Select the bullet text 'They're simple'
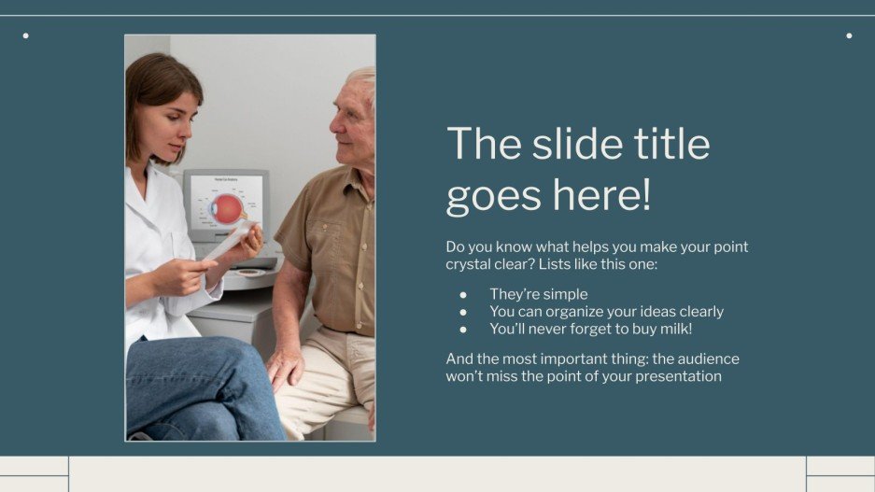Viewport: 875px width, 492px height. click(x=539, y=294)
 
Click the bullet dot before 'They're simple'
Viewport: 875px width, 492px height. click(x=462, y=294)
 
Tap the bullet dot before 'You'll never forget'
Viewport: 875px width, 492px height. click(x=462, y=329)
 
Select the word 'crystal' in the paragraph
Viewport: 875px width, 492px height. click(x=471, y=265)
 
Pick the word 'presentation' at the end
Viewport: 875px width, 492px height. click(x=679, y=376)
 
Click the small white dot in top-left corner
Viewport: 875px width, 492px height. click(x=25, y=35)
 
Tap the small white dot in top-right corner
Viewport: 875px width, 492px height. click(x=849, y=35)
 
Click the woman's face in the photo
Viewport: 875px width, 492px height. click(x=170, y=119)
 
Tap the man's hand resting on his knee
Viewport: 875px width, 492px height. click(x=285, y=367)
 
